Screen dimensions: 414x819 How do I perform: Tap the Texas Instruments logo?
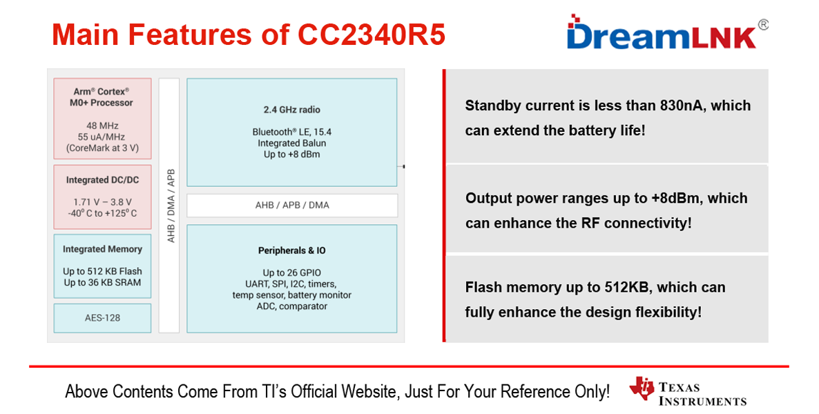pos(688,392)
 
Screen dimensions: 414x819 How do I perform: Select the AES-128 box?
pos(102,318)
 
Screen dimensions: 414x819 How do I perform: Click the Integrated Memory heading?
pos(102,249)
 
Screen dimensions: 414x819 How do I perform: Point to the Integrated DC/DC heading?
pos(102,180)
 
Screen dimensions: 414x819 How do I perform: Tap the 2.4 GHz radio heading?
pos(291,110)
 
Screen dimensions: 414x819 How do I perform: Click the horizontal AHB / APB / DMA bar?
pos(291,205)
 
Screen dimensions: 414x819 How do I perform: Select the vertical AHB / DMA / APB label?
pos(170,206)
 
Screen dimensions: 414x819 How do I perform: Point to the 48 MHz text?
pos(102,126)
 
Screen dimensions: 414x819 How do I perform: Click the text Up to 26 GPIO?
pos(291,273)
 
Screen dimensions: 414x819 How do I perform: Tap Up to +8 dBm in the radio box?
pos(291,154)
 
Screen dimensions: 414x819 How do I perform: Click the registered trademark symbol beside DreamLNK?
pos(763,24)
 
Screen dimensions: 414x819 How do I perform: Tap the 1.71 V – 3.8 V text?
pos(102,202)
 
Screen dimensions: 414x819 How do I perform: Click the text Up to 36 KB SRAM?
pos(102,282)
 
